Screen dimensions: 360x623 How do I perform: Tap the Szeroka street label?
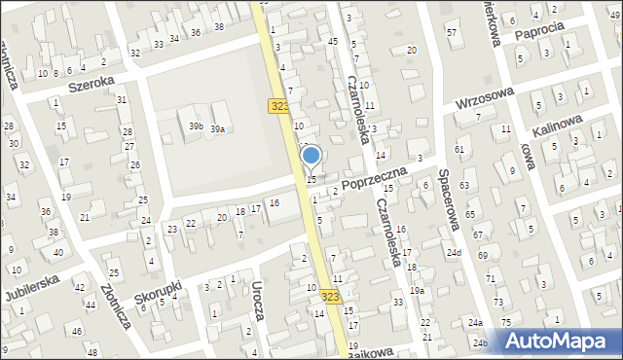coord(92,84)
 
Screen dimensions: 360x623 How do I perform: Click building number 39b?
coord(196,127)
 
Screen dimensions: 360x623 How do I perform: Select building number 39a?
coord(219,128)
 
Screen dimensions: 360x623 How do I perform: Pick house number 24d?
coord(454,253)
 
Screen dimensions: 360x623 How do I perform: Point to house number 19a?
coord(417,290)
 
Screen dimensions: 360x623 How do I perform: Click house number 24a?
coord(474,322)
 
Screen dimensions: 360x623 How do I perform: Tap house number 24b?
coord(480,343)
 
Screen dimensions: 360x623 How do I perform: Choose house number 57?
coord(451,32)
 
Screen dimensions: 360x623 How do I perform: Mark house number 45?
coord(332,41)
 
